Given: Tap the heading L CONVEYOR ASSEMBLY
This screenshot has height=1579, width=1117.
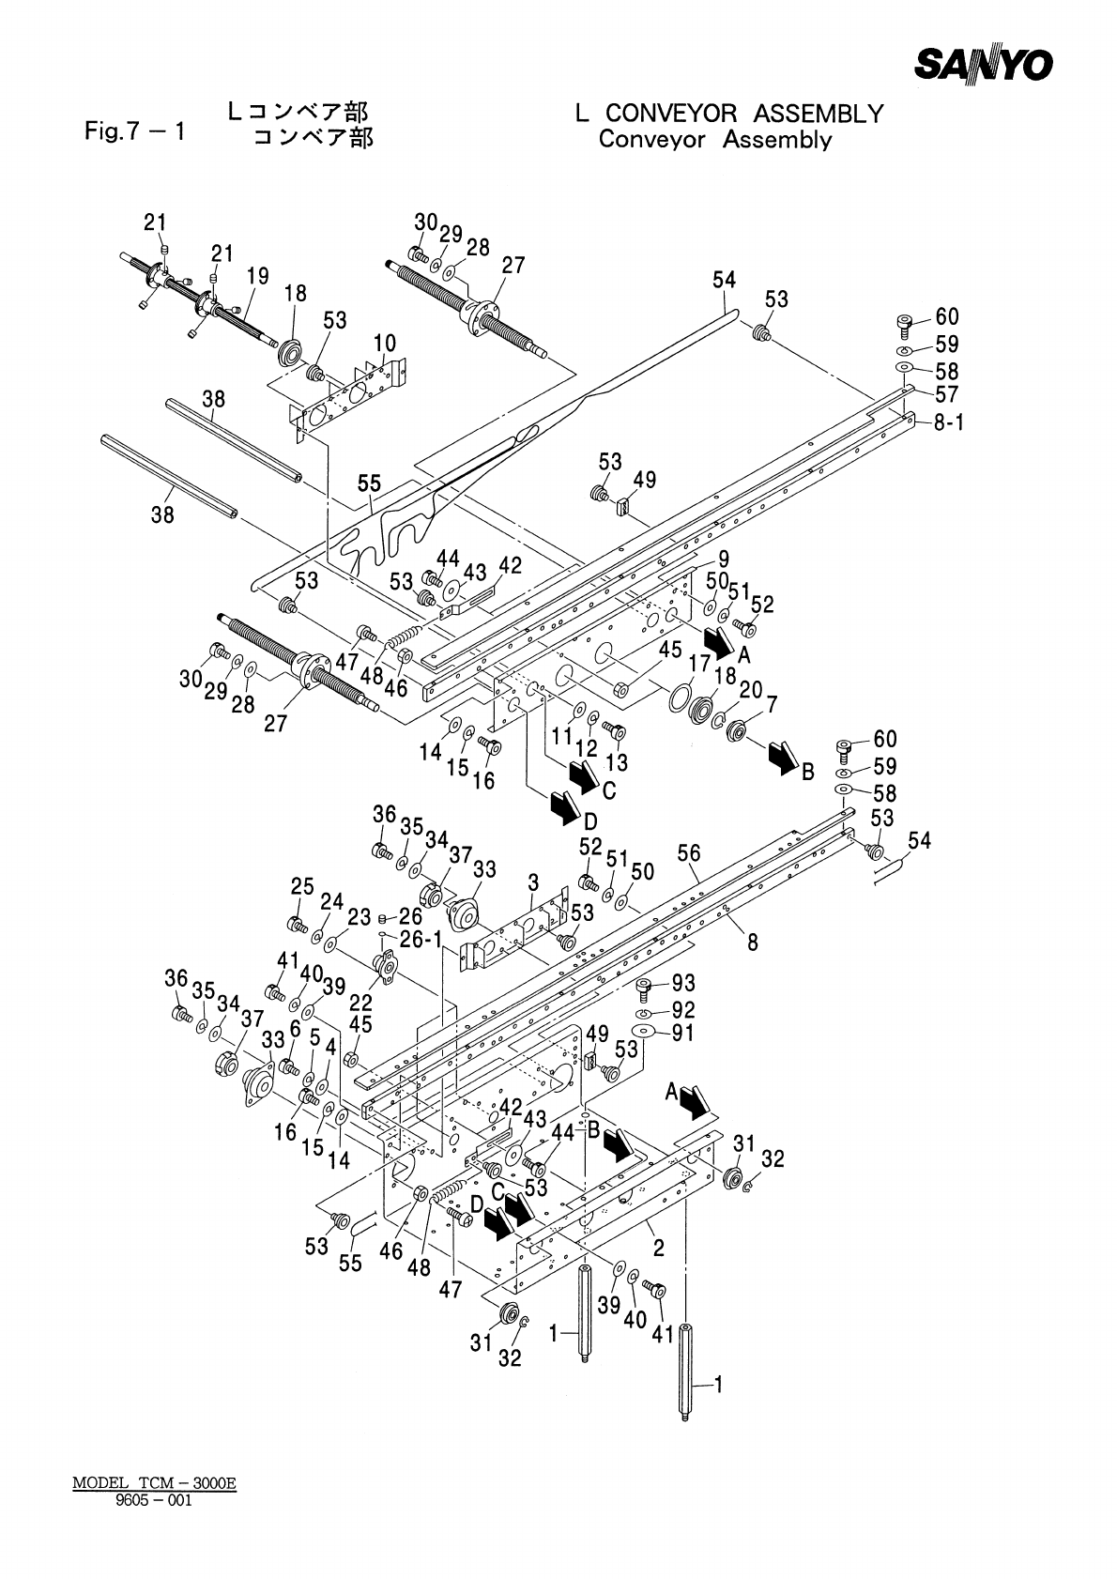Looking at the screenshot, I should [729, 114].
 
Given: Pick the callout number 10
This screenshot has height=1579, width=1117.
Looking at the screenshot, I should [385, 342].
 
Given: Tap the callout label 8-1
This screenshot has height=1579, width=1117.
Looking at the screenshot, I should [948, 422].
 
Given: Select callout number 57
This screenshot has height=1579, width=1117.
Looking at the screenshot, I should [946, 394].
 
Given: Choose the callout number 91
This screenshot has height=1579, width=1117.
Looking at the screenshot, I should [682, 1034].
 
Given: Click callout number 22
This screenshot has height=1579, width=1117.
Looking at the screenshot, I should [360, 1004].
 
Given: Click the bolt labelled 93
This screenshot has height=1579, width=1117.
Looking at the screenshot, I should [644, 988].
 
